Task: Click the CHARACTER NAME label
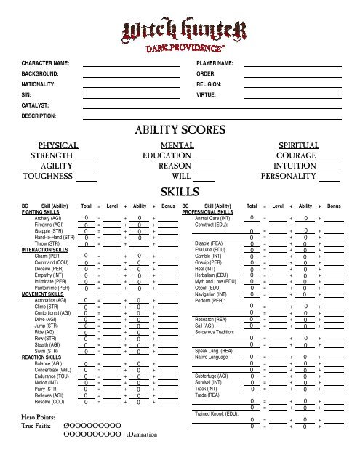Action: point(49,64)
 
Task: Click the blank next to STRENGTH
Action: point(87,156)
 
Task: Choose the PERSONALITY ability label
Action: point(288,176)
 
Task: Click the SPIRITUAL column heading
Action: point(300,145)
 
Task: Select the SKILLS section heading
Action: point(180,192)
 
